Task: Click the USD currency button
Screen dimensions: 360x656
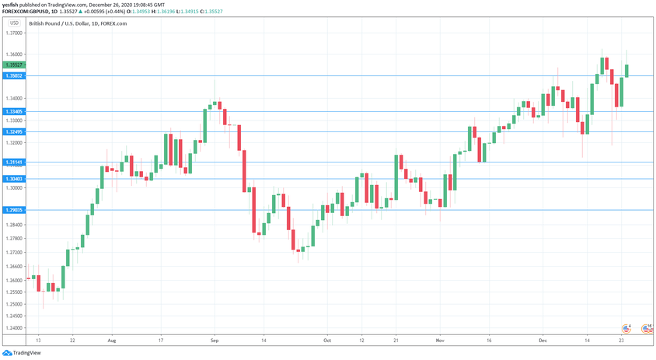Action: pyautogui.click(x=14, y=23)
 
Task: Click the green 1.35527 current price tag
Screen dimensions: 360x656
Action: pyautogui.click(x=13, y=65)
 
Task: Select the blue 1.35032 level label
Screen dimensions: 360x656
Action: pyautogui.click(x=13, y=75)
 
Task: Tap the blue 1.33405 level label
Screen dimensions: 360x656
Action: pyautogui.click(x=13, y=111)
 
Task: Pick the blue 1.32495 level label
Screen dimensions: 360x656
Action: pyautogui.click(x=13, y=131)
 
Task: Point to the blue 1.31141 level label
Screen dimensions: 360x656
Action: pyautogui.click(x=13, y=162)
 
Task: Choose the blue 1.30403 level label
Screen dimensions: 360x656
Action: pyautogui.click(x=13, y=179)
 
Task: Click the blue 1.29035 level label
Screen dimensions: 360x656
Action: pyautogui.click(x=13, y=210)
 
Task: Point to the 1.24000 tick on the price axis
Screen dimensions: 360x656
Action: pyautogui.click(x=13, y=327)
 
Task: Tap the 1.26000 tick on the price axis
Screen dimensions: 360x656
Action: pyautogui.click(x=13, y=280)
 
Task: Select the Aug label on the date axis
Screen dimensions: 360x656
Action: pyautogui.click(x=111, y=341)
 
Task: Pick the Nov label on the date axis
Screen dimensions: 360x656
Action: pyautogui.click(x=441, y=341)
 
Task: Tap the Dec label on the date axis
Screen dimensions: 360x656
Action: pyautogui.click(x=543, y=341)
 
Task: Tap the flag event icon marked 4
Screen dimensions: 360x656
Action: pyautogui.click(x=626, y=328)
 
